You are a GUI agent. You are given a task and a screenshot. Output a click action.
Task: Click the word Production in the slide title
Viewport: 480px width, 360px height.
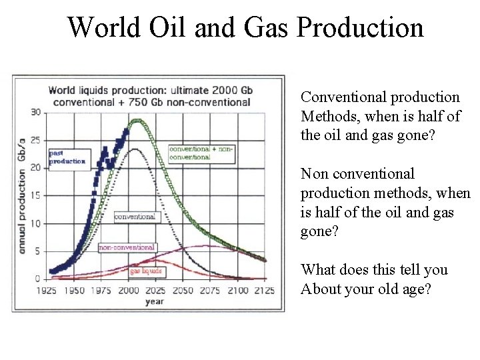[x=360, y=27]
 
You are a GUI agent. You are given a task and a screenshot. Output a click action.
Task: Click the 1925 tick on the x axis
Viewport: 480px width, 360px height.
[x=46, y=291]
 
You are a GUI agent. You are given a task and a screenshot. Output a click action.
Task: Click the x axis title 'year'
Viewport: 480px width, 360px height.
[x=155, y=301]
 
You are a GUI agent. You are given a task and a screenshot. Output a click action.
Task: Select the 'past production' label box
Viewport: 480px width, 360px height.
[x=67, y=158]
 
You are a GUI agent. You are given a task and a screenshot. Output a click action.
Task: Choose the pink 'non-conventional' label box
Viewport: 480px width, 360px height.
[x=127, y=247]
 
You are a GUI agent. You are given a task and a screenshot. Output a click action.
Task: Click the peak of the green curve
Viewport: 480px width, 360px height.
[x=137, y=121]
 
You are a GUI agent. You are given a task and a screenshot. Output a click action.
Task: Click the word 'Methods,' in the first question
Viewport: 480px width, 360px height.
[x=331, y=116]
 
